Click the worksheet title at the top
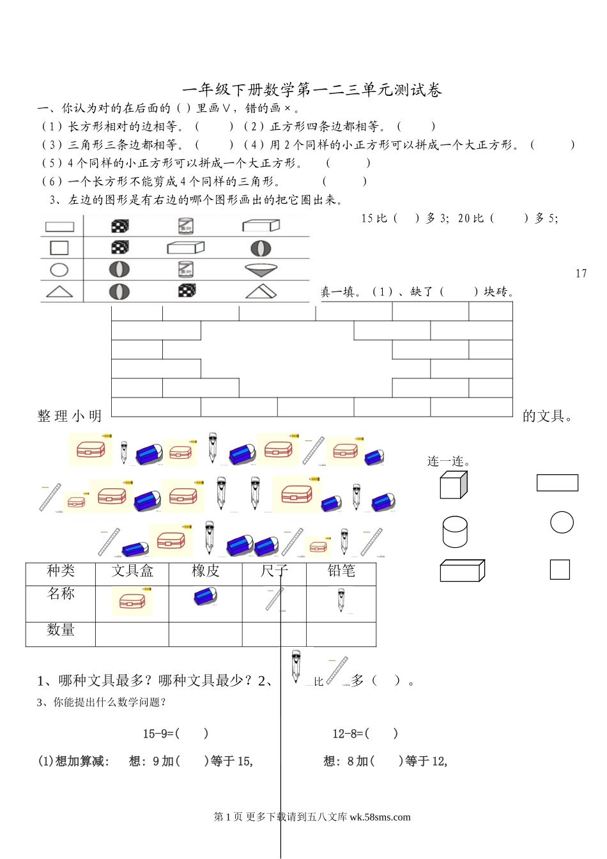coord(312,90)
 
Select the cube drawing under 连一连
coord(454,485)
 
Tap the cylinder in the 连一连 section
coord(455,532)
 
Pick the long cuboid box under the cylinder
coord(462,570)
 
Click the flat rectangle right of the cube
coord(557,483)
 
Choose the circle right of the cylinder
coord(562,522)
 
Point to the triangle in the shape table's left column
coord(59,292)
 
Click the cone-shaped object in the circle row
coord(261,270)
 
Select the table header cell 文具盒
coord(132,571)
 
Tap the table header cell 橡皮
coord(206,571)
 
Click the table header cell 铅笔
coord(341,571)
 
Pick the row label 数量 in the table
coord(61,630)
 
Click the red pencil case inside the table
coord(132,601)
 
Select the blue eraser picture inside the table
coord(205,596)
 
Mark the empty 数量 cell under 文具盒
coord(132,634)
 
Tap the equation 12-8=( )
coord(365,734)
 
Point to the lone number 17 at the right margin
coord(581,274)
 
